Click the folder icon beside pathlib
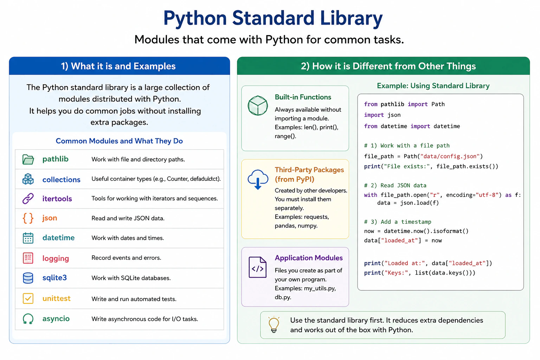(x=28, y=159)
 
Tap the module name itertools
(x=57, y=199)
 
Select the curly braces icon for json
(x=28, y=218)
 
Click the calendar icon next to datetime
(x=28, y=238)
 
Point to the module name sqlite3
(x=54, y=278)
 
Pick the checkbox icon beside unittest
(x=28, y=298)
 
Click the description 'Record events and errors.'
(x=126, y=258)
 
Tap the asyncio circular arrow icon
(x=28, y=319)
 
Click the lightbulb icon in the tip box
(x=274, y=324)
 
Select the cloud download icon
(x=258, y=179)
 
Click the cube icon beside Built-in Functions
(x=258, y=105)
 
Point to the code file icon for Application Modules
(x=257, y=267)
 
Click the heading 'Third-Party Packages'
(x=309, y=170)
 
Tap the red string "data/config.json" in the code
(x=450, y=156)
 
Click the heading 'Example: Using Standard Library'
(x=433, y=86)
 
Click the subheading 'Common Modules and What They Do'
(x=119, y=141)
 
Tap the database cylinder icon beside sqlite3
(x=28, y=278)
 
